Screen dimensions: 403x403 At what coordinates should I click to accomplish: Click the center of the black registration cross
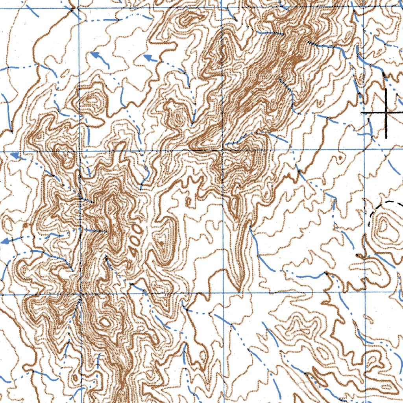386,113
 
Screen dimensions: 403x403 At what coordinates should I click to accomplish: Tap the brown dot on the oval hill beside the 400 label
161,244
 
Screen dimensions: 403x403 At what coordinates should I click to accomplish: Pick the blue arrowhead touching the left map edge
5,241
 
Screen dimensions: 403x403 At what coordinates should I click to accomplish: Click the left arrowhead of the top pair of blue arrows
94,55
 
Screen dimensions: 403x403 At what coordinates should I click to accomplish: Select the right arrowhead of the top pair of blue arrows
148,58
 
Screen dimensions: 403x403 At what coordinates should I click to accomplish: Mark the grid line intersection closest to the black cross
365,150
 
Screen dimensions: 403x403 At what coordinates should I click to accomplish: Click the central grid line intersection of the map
223,150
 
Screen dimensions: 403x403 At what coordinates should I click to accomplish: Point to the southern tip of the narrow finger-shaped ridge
238,289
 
